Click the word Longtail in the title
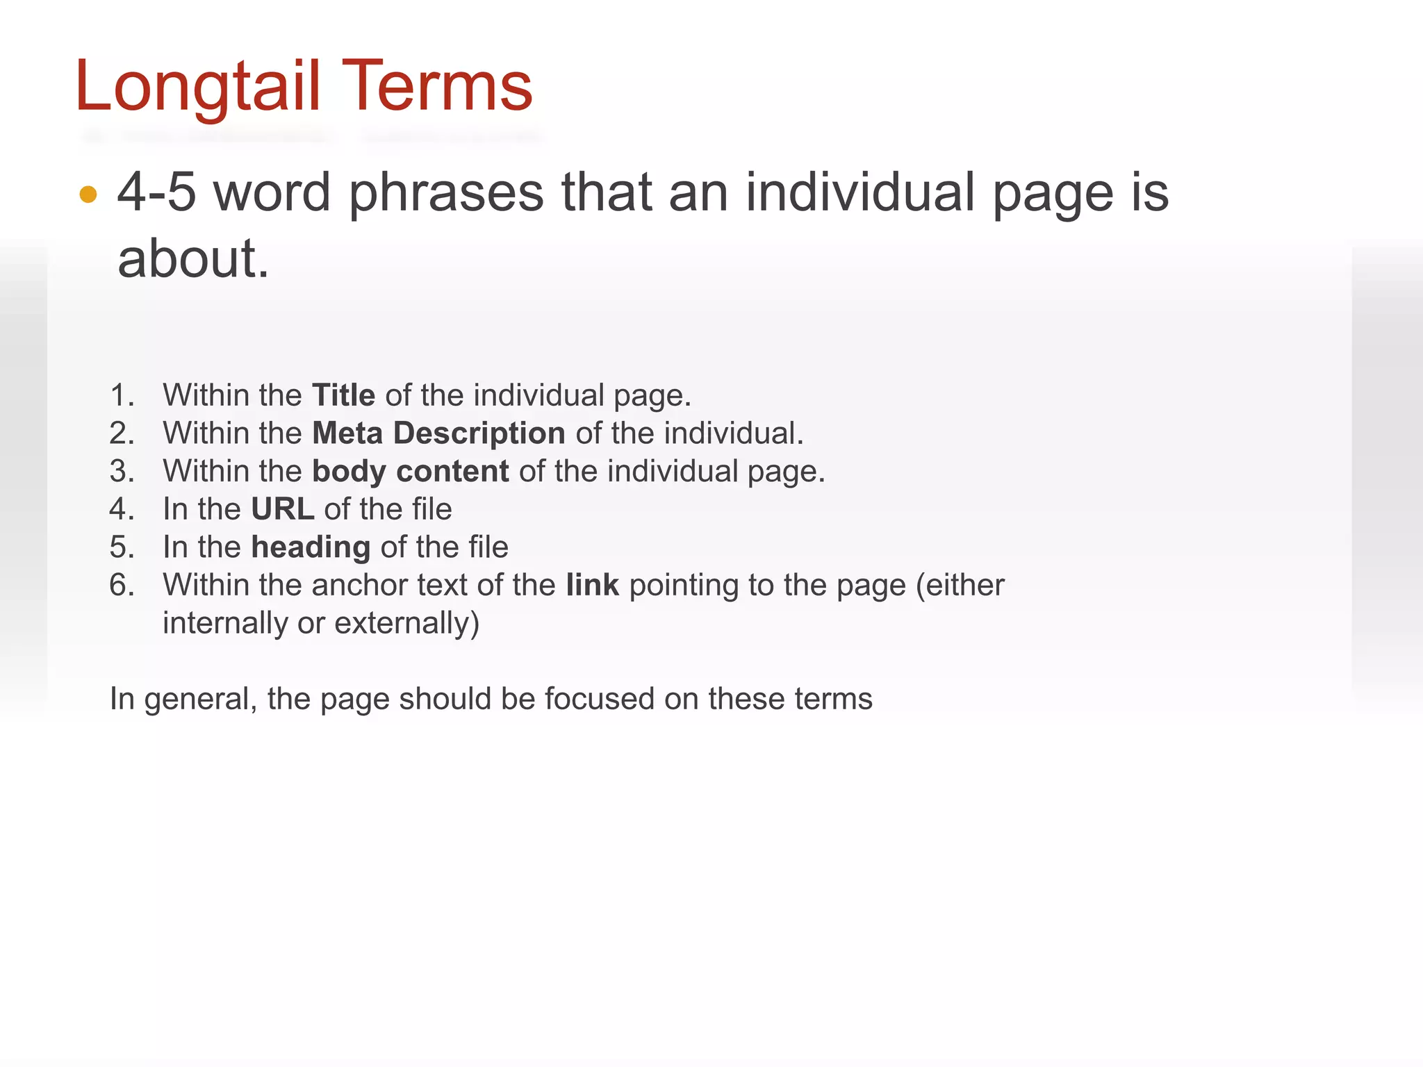[197, 87]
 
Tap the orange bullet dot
[88, 195]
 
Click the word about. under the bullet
[192, 258]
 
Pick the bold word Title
[343, 395]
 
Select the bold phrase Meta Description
[438, 433]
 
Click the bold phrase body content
[410, 471]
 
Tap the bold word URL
[282, 509]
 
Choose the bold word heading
[310, 547]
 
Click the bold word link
[592, 585]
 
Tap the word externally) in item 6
[406, 623]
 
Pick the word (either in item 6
[960, 585]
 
